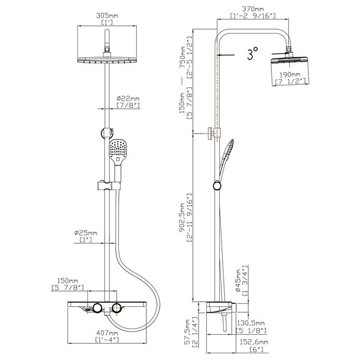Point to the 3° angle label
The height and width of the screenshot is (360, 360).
click(252, 54)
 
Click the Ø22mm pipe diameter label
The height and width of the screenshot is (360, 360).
click(128, 99)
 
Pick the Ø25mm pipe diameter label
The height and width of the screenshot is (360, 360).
click(86, 233)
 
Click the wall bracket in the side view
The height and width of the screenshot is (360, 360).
click(212, 133)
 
